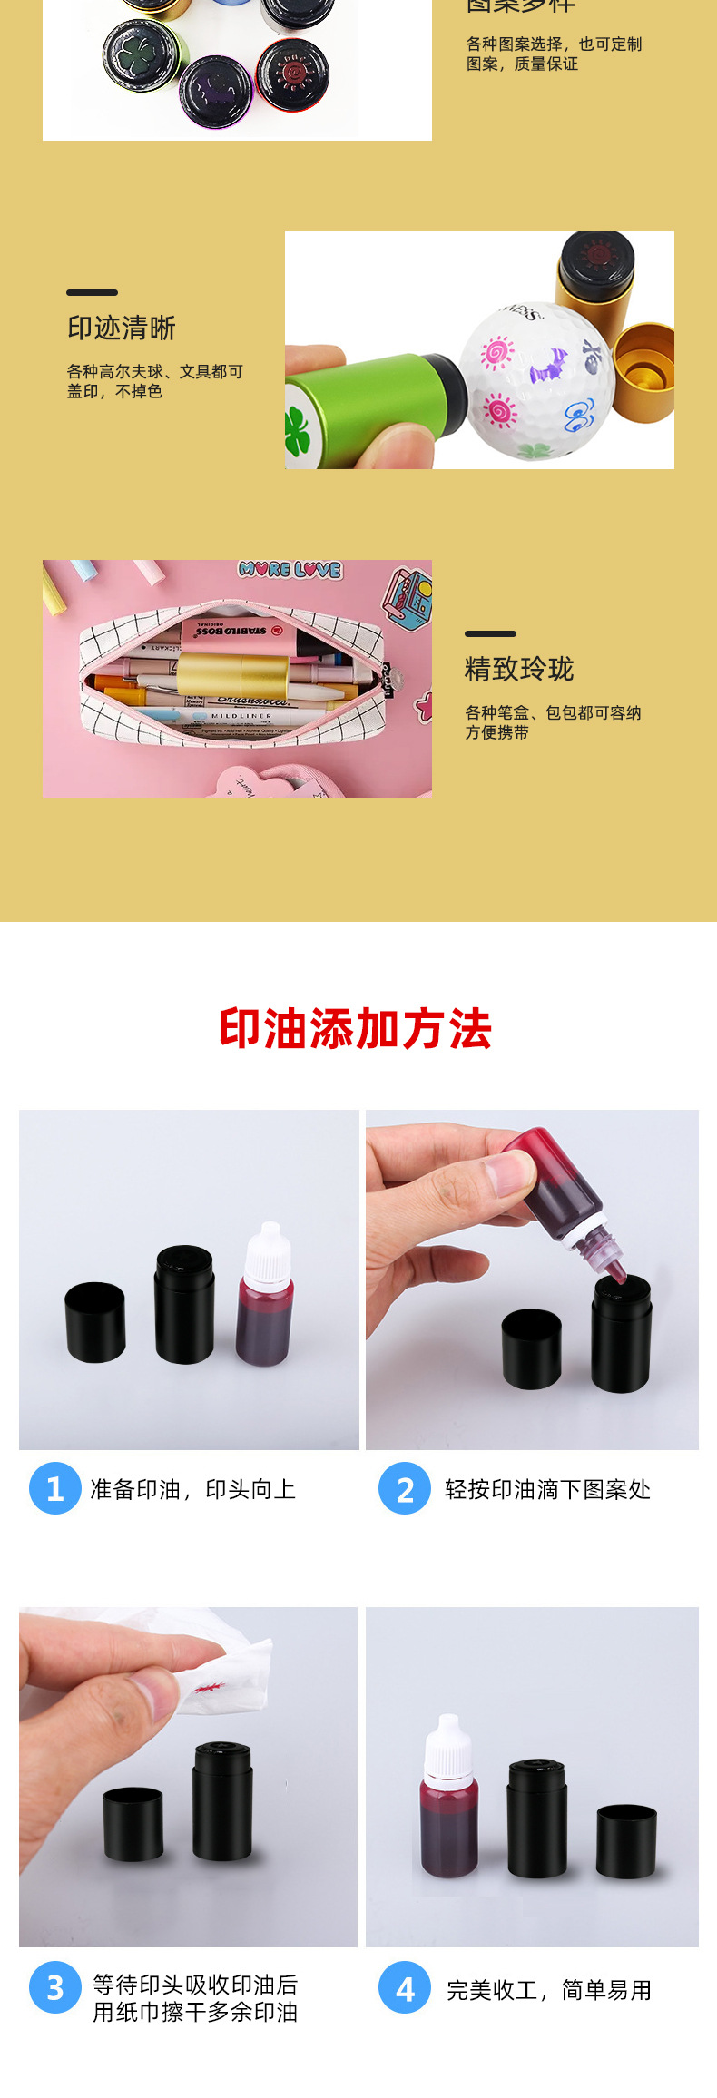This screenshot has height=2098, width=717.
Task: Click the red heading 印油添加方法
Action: coord(355,1029)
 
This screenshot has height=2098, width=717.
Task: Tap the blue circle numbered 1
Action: coord(54,1488)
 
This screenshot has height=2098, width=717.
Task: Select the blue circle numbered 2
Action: coord(405,1488)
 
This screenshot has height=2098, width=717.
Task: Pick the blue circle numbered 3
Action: coord(54,1987)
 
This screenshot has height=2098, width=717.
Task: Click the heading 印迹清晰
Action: coord(122,328)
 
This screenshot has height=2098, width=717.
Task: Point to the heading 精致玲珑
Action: coord(519,670)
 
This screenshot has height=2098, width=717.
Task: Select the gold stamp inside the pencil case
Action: coord(232,676)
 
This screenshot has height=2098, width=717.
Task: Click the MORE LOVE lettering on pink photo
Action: coord(290,570)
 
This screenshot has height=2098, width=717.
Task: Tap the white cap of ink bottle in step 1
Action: coord(269,1252)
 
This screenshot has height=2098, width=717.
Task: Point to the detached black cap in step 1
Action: coord(94,1321)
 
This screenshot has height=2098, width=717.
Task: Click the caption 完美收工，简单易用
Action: coord(549,1990)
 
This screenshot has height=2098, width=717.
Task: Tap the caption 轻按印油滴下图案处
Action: coord(547,1489)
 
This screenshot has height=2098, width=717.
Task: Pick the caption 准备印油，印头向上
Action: coord(192,1489)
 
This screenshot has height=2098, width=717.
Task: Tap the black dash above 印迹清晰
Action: coord(92,292)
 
